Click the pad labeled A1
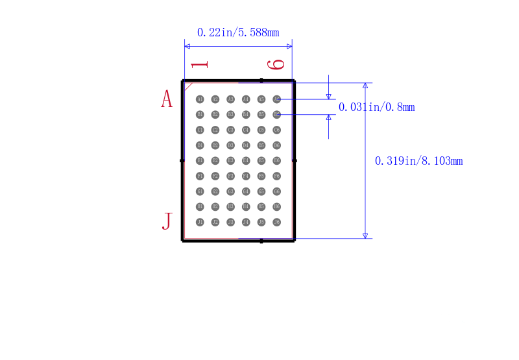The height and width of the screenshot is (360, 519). coord(200,99)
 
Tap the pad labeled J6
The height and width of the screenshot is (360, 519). coord(277,222)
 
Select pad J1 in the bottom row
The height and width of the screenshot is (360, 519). coord(200,222)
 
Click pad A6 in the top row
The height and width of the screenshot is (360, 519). coord(277,99)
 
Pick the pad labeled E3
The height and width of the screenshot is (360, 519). coord(230,160)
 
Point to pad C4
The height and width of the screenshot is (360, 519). coord(246,130)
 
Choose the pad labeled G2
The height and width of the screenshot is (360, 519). coord(215,191)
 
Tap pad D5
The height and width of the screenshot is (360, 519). coord(261,145)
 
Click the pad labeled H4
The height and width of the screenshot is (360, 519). coord(246,206)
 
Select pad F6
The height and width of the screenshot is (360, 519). coord(277,176)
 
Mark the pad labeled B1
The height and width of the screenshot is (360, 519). coord(200,114)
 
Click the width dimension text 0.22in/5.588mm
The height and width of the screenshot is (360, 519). coord(238,32)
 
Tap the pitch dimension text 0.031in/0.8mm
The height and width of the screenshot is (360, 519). coord(376,108)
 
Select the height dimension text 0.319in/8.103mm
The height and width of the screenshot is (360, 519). coord(418,161)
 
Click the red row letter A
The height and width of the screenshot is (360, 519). coord(167,99)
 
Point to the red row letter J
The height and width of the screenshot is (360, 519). coord(167,221)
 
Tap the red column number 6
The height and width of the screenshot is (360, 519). coord(277,64)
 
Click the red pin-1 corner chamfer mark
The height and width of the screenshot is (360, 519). coord(189,86)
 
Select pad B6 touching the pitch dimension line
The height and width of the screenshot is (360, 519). coord(277,114)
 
